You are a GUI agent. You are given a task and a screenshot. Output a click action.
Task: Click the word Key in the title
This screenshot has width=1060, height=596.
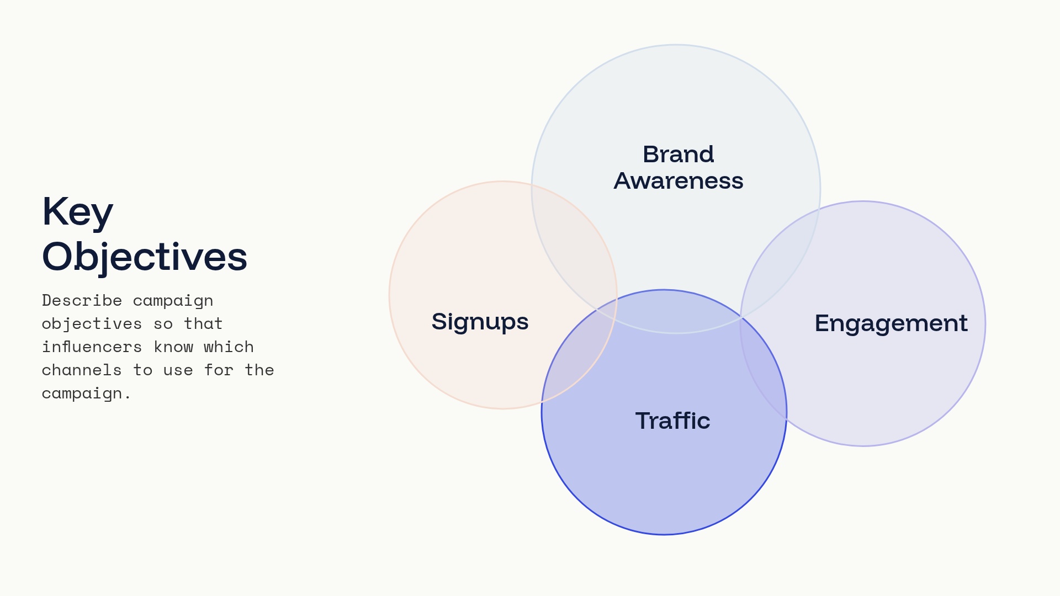[78, 212]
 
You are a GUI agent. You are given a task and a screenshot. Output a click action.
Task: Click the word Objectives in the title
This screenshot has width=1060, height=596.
[145, 257]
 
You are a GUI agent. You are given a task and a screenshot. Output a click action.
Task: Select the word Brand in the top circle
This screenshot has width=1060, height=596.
[679, 154]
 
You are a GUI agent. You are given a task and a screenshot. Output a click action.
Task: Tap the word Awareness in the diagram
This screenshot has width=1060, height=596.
[679, 181]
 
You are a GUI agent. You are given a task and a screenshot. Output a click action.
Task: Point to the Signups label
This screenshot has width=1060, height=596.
[480, 322]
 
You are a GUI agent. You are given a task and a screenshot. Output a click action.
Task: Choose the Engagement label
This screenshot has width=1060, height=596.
[891, 323]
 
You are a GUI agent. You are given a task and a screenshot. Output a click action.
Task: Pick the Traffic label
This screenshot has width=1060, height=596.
[672, 421]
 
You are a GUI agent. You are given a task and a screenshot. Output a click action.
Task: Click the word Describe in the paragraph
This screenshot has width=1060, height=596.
[82, 300]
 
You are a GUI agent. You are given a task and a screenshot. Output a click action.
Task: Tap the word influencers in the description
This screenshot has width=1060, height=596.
[92, 347]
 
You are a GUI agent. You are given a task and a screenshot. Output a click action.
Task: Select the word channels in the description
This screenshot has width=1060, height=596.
[82, 370]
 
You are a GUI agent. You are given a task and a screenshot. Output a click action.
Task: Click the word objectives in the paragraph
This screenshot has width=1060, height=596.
[92, 324]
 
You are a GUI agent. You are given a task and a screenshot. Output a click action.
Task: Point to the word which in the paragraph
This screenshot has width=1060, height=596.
[229, 347]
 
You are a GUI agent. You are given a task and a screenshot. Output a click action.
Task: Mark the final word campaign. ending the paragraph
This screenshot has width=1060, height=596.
[86, 393]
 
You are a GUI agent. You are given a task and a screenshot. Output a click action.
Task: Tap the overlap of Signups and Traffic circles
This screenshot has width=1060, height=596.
[580, 353]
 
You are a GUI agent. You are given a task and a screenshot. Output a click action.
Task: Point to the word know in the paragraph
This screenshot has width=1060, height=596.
[173, 347]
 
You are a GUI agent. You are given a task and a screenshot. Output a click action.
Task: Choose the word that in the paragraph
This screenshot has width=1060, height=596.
[203, 323]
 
